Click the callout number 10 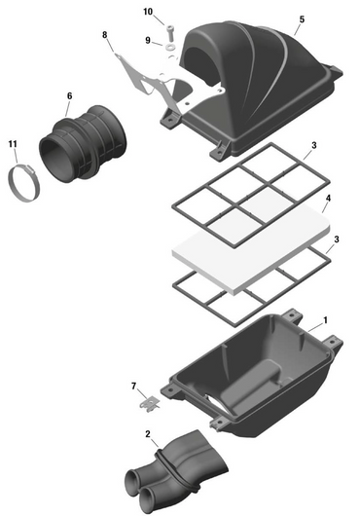tap(148, 12)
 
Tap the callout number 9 tap(148, 40)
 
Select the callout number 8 tap(105, 35)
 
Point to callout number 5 tap(301, 19)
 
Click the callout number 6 tap(69, 95)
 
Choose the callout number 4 tap(328, 199)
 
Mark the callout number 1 tap(325, 319)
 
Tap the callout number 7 tap(133, 387)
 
